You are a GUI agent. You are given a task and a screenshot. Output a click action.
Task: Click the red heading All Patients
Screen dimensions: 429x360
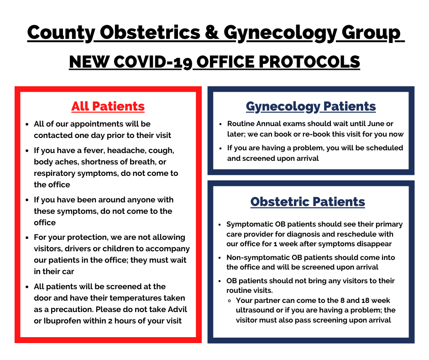pos(108,106)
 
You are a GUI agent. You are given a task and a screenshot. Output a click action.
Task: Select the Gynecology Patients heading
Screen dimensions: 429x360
pos(311,107)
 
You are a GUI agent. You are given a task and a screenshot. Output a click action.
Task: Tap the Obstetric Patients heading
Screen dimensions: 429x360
pos(308,201)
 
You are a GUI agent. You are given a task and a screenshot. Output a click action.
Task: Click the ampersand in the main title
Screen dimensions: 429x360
pos(212,32)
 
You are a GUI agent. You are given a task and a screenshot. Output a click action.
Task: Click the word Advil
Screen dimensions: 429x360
pos(177,309)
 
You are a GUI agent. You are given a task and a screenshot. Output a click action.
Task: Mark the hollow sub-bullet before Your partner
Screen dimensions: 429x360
pos(229,301)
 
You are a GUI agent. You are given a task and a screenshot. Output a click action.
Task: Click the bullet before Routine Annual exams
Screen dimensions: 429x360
pos(220,124)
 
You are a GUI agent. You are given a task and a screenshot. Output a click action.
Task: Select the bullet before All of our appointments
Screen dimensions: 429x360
pos(27,124)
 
